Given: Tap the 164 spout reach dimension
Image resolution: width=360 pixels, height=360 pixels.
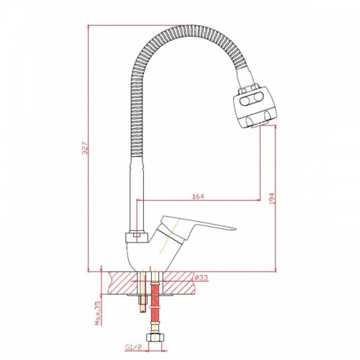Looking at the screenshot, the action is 198,196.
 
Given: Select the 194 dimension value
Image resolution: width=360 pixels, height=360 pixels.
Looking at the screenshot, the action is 272,198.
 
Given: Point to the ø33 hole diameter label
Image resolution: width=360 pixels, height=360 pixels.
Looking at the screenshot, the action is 201,277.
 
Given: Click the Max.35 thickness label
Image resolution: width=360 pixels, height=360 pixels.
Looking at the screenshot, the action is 98,313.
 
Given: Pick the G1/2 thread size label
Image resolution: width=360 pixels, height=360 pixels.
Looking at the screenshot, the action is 134,347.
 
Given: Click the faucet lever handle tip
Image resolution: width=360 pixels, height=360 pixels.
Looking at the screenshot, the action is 235,228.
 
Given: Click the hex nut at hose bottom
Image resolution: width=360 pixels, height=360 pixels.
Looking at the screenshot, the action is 155,338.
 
